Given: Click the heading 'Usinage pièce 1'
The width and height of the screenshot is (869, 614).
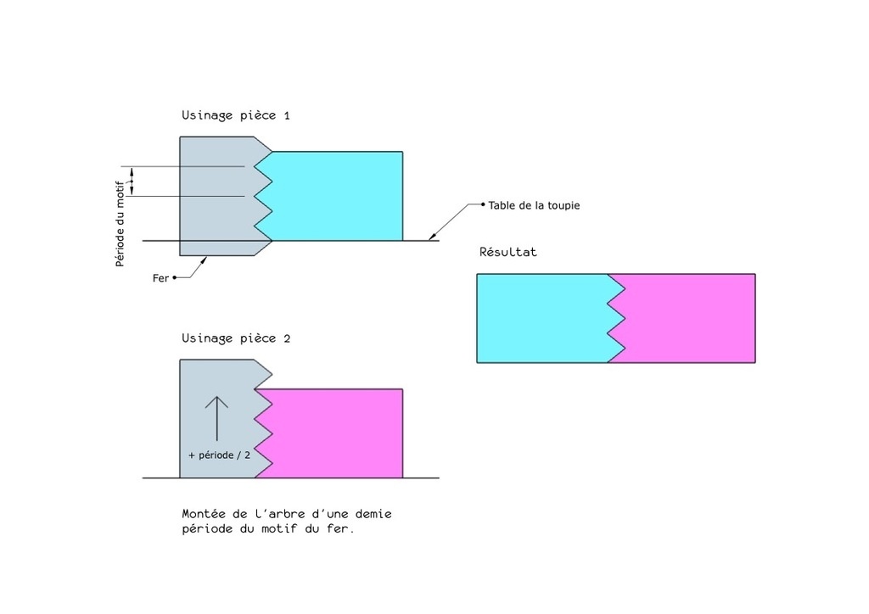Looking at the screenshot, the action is (236, 115).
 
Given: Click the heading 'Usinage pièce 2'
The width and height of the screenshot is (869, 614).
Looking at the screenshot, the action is (236, 339).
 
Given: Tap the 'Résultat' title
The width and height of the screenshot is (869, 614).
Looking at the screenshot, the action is (508, 252).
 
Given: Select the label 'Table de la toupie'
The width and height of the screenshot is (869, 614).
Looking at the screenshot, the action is (534, 205).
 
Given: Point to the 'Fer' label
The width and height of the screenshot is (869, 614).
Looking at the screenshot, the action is (160, 278).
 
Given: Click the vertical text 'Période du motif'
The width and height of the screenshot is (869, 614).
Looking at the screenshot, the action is (121, 224).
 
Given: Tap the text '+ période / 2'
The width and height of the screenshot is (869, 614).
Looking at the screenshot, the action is (220, 455).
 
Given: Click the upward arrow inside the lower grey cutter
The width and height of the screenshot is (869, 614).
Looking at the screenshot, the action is (216, 419).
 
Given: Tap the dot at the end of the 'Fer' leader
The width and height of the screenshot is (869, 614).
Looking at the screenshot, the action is (175, 277).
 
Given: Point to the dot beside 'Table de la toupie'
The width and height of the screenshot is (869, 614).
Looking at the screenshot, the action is (483, 204).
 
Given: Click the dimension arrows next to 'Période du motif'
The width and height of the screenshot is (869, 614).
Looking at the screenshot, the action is (132, 181).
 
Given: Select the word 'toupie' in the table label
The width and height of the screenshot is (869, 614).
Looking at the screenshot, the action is (563, 206).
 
